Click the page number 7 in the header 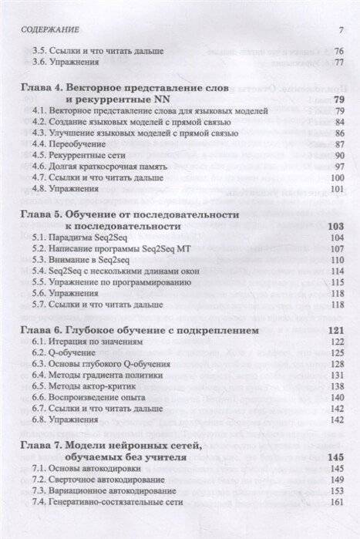point(340,30)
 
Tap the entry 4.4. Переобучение point(73,144)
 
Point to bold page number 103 point(335,227)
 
